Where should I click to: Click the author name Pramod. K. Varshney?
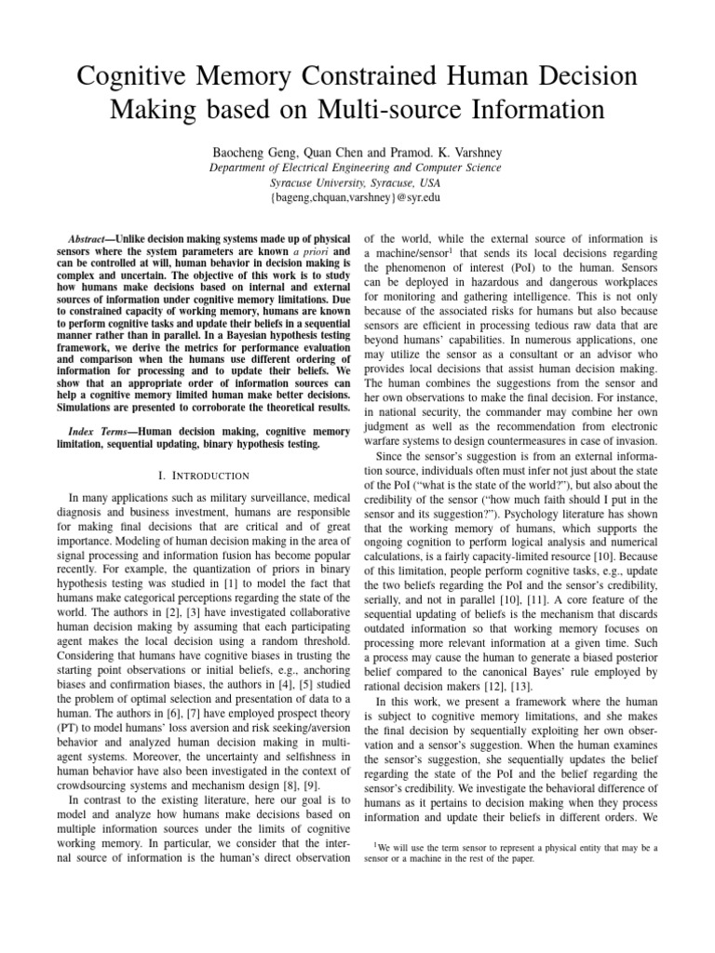456,150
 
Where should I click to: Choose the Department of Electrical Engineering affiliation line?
357,168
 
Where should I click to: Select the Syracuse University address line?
357,184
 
